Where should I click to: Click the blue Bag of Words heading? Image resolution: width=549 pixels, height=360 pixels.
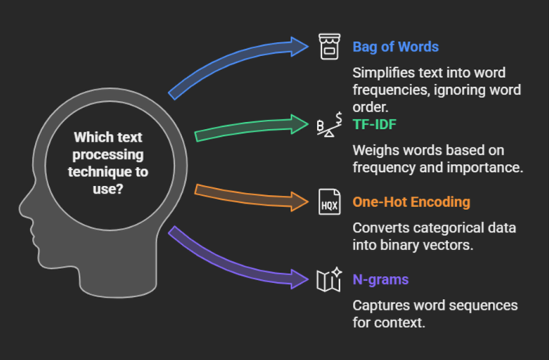point(395,47)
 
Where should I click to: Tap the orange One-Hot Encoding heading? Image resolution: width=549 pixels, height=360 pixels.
point(411,202)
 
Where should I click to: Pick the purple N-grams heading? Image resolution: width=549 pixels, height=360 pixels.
point(380,279)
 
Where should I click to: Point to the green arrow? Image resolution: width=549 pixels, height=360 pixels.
point(249,128)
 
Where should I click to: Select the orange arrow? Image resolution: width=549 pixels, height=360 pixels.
point(249,197)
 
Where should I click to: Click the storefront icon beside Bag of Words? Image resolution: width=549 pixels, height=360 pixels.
point(330,47)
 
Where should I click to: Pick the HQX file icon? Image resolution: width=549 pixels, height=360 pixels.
point(330,202)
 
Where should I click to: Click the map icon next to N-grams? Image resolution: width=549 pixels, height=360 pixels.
point(329,279)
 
